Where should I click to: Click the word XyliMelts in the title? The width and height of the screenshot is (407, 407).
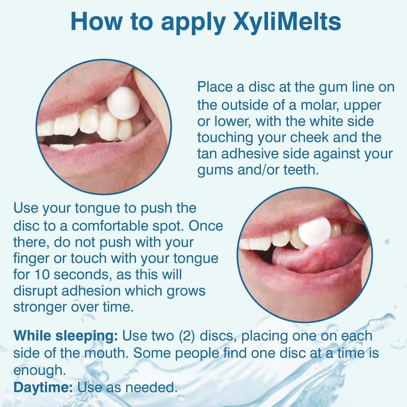[287, 22]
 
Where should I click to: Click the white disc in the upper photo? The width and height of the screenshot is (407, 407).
[123, 103]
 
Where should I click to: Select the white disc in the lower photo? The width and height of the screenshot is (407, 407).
[314, 231]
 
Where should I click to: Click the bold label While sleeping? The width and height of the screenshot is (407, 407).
[65, 336]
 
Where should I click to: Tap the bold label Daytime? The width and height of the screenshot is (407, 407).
[43, 388]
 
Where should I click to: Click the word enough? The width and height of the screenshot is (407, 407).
[39, 370]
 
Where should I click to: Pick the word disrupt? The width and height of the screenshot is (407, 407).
[35, 291]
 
